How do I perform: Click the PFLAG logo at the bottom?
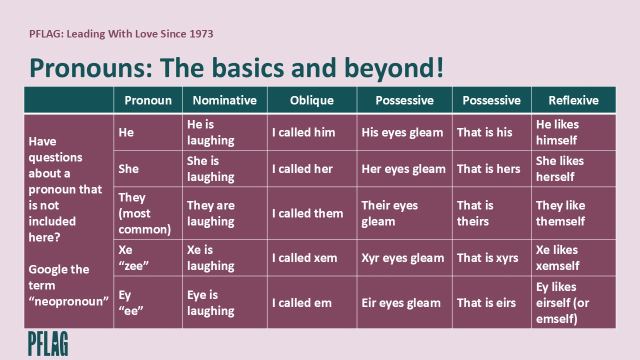tap(48, 343)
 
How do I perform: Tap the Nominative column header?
tap(224, 100)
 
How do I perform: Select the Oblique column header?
tap(311, 100)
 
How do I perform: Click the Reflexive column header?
tap(573, 100)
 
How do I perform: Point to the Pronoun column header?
tap(148, 100)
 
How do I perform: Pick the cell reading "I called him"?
tap(303, 132)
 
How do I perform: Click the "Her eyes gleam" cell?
tap(403, 169)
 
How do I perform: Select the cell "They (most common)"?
tap(144, 213)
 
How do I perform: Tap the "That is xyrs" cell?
tap(487, 258)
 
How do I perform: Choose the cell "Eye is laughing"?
tap(210, 302)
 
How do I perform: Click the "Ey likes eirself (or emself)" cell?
tap(562, 302)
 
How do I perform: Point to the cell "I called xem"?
tap(304, 258)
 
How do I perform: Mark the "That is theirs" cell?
tap(475, 213)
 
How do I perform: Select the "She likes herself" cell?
tap(559, 169)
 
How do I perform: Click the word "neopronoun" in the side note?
tap(68, 301)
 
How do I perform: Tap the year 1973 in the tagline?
tap(201, 34)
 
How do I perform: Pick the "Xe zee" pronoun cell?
tap(133, 258)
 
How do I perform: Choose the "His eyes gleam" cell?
tap(402, 132)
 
